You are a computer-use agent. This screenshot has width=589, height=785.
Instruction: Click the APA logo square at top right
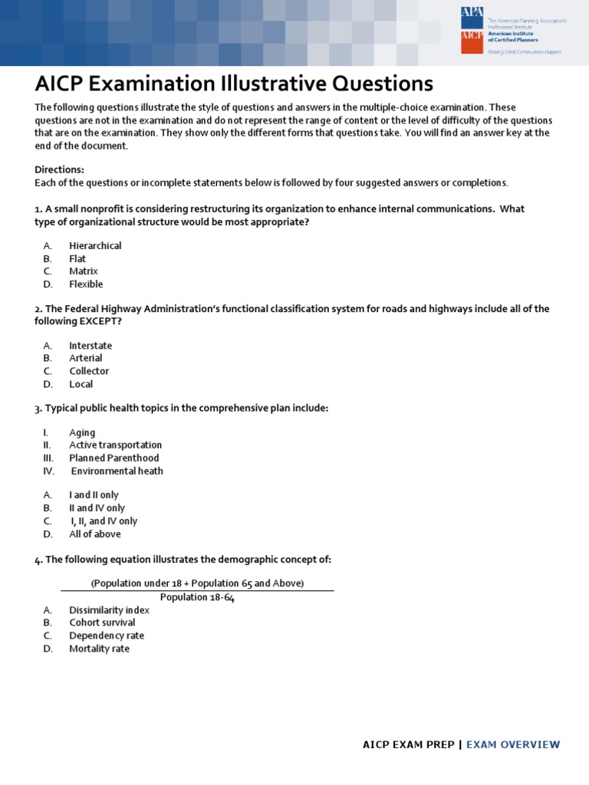471,18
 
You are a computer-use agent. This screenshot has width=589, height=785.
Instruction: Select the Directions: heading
60,169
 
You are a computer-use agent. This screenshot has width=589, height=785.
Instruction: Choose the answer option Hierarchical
95,246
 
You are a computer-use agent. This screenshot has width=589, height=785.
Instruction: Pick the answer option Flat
77,259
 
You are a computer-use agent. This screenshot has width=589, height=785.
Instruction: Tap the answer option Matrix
84,271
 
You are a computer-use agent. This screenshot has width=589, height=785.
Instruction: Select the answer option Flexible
86,284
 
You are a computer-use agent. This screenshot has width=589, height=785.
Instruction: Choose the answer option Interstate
90,346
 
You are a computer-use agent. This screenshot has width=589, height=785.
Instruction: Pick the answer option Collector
89,371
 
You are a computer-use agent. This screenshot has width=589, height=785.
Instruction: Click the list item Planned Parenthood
114,458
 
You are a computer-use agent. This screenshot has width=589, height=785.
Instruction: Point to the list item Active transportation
115,445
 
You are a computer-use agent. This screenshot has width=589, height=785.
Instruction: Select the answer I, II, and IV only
104,521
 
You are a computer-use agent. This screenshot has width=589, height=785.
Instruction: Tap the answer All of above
95,534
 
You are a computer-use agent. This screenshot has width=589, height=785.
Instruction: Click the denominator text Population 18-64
197,597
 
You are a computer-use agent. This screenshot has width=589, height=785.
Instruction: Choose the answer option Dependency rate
107,636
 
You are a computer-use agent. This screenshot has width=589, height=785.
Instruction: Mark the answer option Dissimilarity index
109,610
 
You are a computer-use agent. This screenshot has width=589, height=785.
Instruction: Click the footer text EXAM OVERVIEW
513,744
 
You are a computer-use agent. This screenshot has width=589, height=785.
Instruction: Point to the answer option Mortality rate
100,649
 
